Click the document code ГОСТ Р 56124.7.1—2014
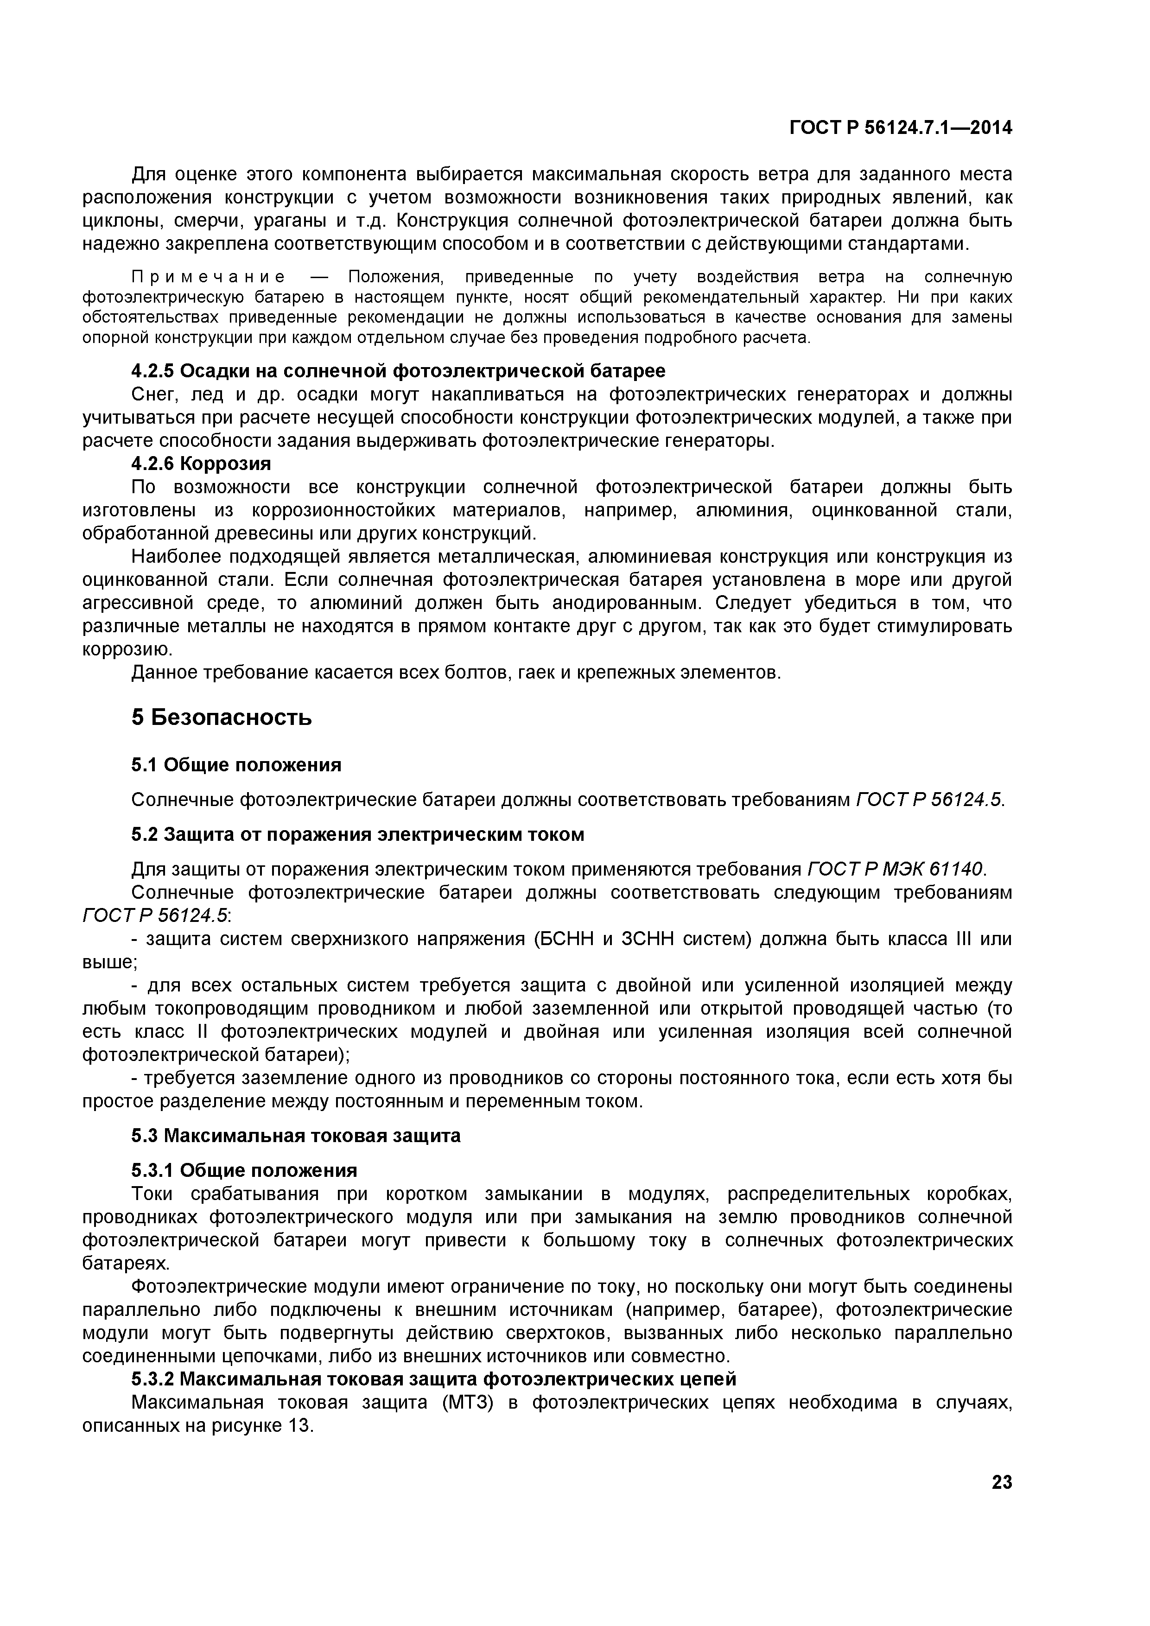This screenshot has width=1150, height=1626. coord(900,128)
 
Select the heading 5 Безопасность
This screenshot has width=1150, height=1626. coord(221,718)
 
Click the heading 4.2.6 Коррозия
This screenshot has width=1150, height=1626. coord(201,464)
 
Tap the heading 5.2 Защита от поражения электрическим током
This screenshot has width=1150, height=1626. coord(357,835)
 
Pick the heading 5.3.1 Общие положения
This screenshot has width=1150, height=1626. coord(244,1170)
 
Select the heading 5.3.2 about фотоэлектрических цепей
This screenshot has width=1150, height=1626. coord(433,1379)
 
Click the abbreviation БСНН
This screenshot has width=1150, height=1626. coord(564,939)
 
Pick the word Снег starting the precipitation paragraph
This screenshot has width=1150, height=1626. coord(154,394)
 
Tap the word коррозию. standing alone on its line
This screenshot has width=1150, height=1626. coord(127,649)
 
